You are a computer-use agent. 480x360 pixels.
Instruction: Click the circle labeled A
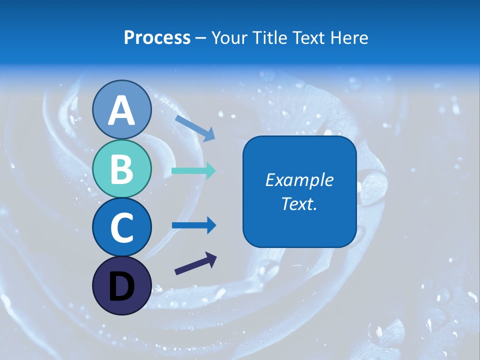[x=121, y=109]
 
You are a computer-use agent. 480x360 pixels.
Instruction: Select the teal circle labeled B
[x=121, y=168]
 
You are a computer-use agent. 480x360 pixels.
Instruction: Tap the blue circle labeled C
[x=121, y=227]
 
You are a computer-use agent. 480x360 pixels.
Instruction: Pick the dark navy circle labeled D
[x=121, y=285]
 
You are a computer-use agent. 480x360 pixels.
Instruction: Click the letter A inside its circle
[x=121, y=110]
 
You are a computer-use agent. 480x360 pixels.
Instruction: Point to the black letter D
[x=121, y=286]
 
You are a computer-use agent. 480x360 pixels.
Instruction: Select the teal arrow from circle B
[x=193, y=170]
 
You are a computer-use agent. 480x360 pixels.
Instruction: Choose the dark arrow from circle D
[x=195, y=264]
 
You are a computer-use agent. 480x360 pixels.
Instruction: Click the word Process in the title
[x=157, y=37]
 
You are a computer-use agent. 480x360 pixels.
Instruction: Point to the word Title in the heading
[x=271, y=37]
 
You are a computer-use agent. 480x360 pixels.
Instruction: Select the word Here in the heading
[x=350, y=37]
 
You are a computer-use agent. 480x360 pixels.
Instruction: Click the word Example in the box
[x=299, y=180]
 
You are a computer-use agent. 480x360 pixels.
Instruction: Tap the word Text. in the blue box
[x=299, y=203]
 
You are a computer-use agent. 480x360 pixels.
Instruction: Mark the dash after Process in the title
[x=201, y=38]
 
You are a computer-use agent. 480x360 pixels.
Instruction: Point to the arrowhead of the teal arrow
[x=210, y=170]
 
